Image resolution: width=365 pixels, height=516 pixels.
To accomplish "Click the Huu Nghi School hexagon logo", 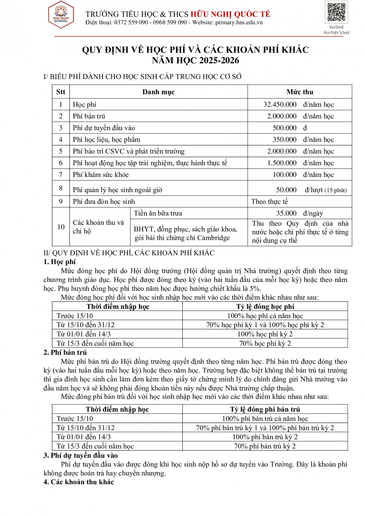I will [61, 15].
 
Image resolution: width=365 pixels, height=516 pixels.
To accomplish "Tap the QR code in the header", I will [336, 12].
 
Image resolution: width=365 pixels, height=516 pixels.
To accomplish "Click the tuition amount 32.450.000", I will [280, 104].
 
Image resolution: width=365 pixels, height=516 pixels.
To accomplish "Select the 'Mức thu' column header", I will [300, 92].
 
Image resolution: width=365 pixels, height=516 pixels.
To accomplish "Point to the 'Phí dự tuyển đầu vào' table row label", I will [104, 128].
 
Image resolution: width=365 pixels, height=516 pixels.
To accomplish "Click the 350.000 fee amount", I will [284, 140].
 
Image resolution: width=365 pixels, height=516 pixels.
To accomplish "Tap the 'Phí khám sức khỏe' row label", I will [101, 175].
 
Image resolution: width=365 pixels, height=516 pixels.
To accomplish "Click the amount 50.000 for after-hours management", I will [286, 190].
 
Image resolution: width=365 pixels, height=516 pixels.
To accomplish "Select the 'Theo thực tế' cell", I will [269, 201].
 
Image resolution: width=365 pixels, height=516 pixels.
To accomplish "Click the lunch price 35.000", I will [286, 213].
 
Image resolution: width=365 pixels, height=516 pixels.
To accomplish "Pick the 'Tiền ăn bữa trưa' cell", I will [158, 213].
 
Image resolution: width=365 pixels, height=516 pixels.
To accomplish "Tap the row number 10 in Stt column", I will [61, 227].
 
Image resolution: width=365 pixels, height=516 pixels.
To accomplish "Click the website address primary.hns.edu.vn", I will [239, 22].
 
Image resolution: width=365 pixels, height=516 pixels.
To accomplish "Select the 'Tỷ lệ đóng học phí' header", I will [265, 307].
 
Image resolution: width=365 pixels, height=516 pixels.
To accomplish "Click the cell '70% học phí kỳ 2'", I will [265, 343].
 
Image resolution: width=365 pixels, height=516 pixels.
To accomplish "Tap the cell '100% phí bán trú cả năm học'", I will [265, 418].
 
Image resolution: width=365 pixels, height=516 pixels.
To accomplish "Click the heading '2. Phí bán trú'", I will [65, 352].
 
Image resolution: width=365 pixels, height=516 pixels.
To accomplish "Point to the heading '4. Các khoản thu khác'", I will [79, 482].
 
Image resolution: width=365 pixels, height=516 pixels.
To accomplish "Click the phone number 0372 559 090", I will [131, 22].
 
